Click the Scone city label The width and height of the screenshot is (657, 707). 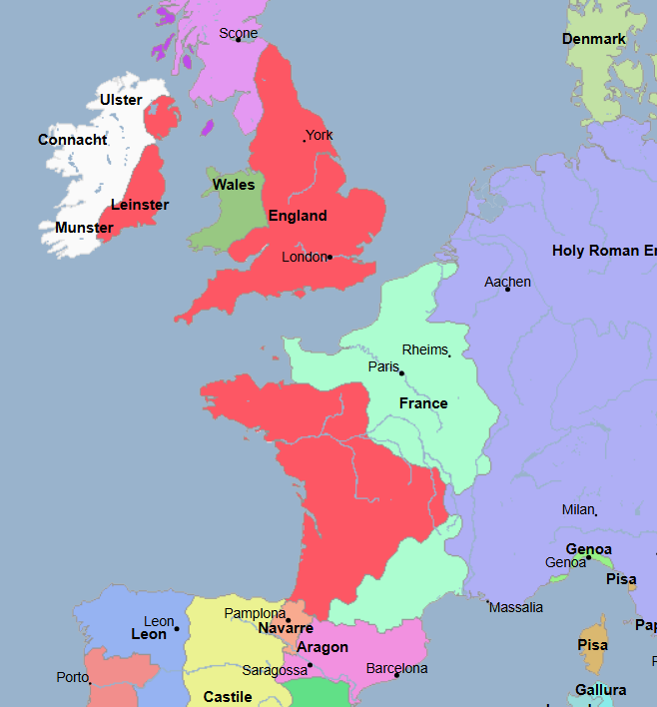point(239,33)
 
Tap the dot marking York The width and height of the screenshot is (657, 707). point(305,140)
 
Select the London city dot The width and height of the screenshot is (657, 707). point(329,257)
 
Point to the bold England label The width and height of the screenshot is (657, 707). point(298,216)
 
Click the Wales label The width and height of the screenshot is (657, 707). point(234,185)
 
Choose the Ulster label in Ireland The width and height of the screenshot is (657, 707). point(121,100)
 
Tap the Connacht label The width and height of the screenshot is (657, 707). point(73,140)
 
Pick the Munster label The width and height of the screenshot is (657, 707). point(84,228)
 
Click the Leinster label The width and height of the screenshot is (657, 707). point(140,205)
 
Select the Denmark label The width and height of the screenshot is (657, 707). point(594,39)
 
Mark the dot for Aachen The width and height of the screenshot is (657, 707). point(507,289)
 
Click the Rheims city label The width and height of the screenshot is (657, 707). point(425,350)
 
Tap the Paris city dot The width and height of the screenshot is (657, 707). point(401,372)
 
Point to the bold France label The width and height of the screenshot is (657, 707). point(423,403)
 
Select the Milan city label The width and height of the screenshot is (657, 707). point(578,509)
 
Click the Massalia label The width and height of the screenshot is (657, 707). point(516,607)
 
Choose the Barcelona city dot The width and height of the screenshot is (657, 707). point(396,676)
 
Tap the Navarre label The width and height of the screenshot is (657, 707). point(286,628)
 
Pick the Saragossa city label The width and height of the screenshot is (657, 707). point(275,670)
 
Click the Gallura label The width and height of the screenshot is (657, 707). point(601,690)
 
